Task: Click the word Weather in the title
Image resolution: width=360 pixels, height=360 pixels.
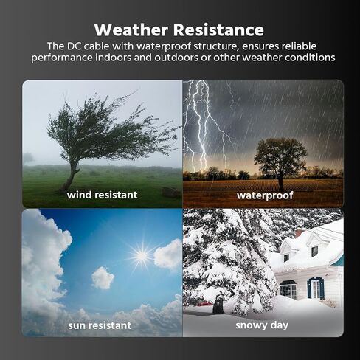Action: click(x=131, y=30)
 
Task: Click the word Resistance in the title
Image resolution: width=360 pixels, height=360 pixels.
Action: click(x=218, y=30)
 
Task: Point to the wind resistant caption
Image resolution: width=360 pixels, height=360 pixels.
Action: click(x=102, y=195)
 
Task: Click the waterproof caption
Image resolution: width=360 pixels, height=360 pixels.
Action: click(x=265, y=195)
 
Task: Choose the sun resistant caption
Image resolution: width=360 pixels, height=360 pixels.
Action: click(x=100, y=325)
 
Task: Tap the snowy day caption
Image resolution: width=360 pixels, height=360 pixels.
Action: click(x=262, y=325)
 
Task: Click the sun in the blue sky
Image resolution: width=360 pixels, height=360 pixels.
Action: click(x=142, y=256)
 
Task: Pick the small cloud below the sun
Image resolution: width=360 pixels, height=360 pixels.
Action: click(x=103, y=278)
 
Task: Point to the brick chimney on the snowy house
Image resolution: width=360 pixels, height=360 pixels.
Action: click(x=299, y=232)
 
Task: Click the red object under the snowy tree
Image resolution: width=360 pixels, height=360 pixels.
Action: click(x=204, y=304)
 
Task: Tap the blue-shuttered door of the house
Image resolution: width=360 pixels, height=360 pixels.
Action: click(x=316, y=288)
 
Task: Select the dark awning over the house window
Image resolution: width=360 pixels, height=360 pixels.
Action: click(x=288, y=283)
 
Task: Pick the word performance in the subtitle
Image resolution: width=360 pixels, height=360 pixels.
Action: click(x=62, y=58)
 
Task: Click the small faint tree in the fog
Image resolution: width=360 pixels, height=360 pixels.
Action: click(x=28, y=158)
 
